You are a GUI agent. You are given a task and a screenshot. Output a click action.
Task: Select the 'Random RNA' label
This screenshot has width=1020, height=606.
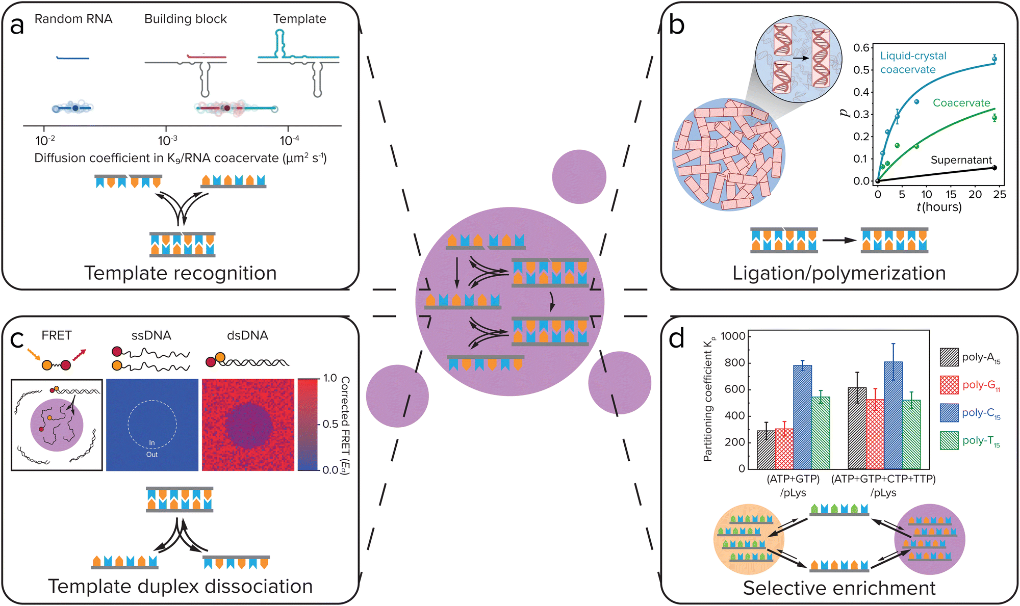point(73,19)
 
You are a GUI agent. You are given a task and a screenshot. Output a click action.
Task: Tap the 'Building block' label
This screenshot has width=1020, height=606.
point(185,19)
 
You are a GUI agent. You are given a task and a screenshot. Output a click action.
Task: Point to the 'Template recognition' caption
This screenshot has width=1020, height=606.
point(180,273)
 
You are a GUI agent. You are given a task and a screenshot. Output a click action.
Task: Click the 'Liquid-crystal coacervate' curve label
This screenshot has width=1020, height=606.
point(912,62)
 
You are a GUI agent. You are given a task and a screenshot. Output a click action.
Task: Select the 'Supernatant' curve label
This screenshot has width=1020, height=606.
point(961,160)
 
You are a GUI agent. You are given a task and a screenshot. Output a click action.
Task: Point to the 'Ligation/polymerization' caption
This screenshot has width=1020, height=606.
point(839,273)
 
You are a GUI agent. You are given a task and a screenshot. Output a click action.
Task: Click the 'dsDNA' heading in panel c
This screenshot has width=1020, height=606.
point(247,335)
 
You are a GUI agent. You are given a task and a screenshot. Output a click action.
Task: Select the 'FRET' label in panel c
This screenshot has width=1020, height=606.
point(57,335)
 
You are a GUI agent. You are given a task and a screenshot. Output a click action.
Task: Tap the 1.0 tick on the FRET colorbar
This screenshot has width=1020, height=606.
point(330,378)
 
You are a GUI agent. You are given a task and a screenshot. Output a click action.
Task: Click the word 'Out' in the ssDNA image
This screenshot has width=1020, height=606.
point(152,455)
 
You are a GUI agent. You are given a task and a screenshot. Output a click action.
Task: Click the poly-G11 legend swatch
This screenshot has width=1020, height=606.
point(949,385)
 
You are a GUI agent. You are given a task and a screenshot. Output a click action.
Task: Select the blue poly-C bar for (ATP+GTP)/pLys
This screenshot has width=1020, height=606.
point(802,417)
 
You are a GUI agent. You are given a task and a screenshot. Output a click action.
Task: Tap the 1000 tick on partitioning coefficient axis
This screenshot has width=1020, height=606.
point(733,336)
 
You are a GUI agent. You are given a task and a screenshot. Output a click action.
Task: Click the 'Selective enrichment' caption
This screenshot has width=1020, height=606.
point(839,588)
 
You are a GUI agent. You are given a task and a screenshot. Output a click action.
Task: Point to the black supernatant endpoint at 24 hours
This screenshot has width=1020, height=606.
point(994,168)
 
